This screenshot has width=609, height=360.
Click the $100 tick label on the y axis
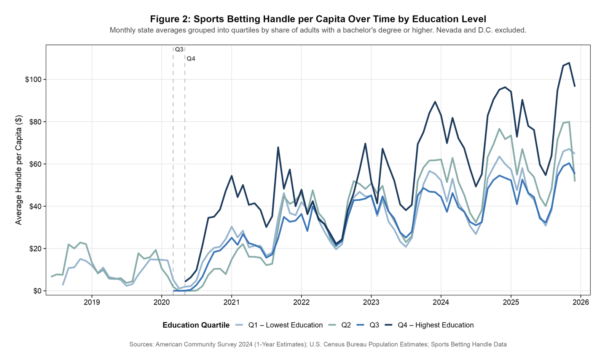33,80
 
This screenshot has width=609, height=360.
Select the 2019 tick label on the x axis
91,303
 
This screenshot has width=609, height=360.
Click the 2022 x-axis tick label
301,303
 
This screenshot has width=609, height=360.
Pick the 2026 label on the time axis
581,303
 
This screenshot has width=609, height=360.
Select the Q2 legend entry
346,325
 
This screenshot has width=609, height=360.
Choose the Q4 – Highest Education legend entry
435,325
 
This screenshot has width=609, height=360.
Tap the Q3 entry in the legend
374,325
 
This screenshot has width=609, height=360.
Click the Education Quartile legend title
196,325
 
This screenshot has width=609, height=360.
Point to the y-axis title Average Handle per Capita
19,170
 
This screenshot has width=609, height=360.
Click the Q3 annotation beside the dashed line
179,49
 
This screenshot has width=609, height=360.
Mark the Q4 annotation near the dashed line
191,59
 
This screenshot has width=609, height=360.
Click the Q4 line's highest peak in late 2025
569,63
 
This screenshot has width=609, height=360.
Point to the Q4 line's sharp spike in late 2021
278,147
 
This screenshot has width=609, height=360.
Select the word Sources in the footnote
141,344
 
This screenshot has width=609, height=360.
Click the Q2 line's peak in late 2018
80,242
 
